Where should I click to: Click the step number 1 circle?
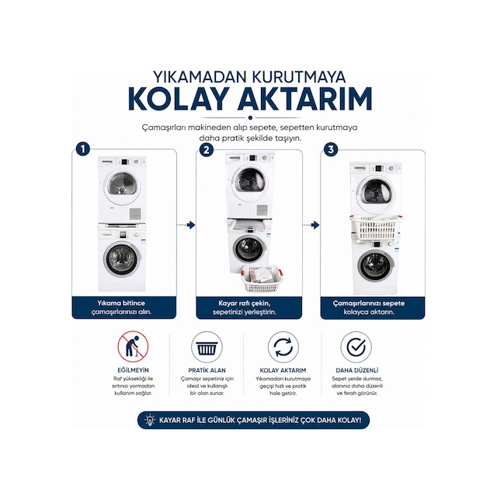click(83, 149)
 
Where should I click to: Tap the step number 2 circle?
click(207, 149)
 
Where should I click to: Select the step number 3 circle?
click(331, 149)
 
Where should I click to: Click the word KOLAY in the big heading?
click(178, 99)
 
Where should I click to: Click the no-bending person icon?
click(133, 346)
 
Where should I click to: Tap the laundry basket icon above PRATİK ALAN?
click(207, 347)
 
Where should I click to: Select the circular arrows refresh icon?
click(283, 347)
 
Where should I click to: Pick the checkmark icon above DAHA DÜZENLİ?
click(356, 347)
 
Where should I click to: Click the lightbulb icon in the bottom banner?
click(150, 420)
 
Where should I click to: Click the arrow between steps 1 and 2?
click(186, 226)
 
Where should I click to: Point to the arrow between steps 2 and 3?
click(311, 226)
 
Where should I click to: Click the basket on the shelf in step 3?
click(377, 227)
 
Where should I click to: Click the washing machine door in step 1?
click(121, 259)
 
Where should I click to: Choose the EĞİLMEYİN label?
click(133, 370)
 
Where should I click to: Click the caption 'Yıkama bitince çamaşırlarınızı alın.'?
click(123, 307)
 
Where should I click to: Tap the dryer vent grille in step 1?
click(135, 213)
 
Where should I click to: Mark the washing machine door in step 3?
click(376, 266)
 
